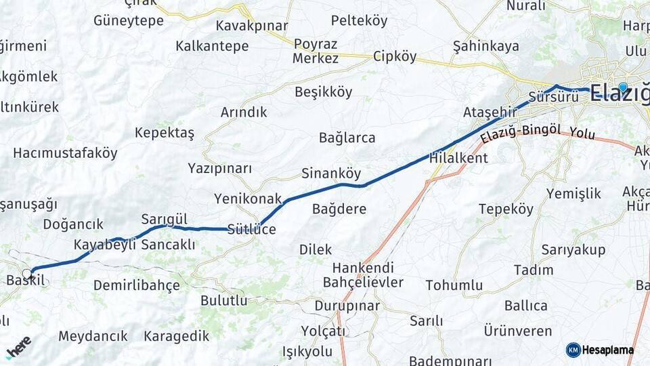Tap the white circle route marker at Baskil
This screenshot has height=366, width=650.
click(27, 274)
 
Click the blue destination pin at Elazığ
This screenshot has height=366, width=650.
click(623, 87)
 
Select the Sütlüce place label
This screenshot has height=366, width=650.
click(252, 229)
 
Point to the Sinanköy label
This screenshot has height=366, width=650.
click(331, 173)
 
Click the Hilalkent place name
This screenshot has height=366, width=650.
click(458, 158)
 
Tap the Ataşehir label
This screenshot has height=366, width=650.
click(485, 111)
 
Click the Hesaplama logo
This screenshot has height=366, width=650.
click(600, 350)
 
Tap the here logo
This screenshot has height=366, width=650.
click(18, 348)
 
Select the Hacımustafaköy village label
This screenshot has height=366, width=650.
click(65, 152)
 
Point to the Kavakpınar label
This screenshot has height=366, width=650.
click(252, 26)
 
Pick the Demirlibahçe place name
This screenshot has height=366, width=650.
click(137, 285)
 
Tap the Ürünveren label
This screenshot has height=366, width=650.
click(518, 331)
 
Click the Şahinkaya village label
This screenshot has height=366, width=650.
click(485, 46)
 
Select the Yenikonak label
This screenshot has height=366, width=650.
click(247, 199)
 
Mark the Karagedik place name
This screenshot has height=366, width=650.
click(176, 336)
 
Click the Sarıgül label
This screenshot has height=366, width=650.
click(164, 219)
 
